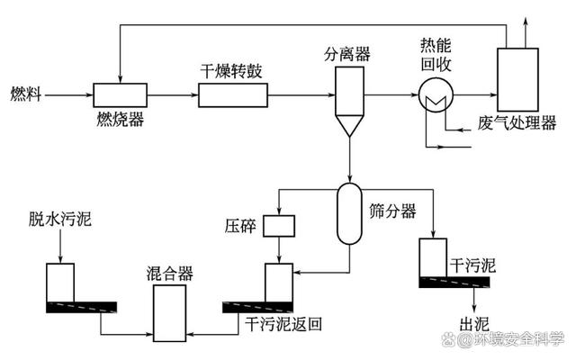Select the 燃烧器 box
tap(120, 94)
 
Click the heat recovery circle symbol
tap(435, 94)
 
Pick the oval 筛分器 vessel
tap(348, 213)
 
